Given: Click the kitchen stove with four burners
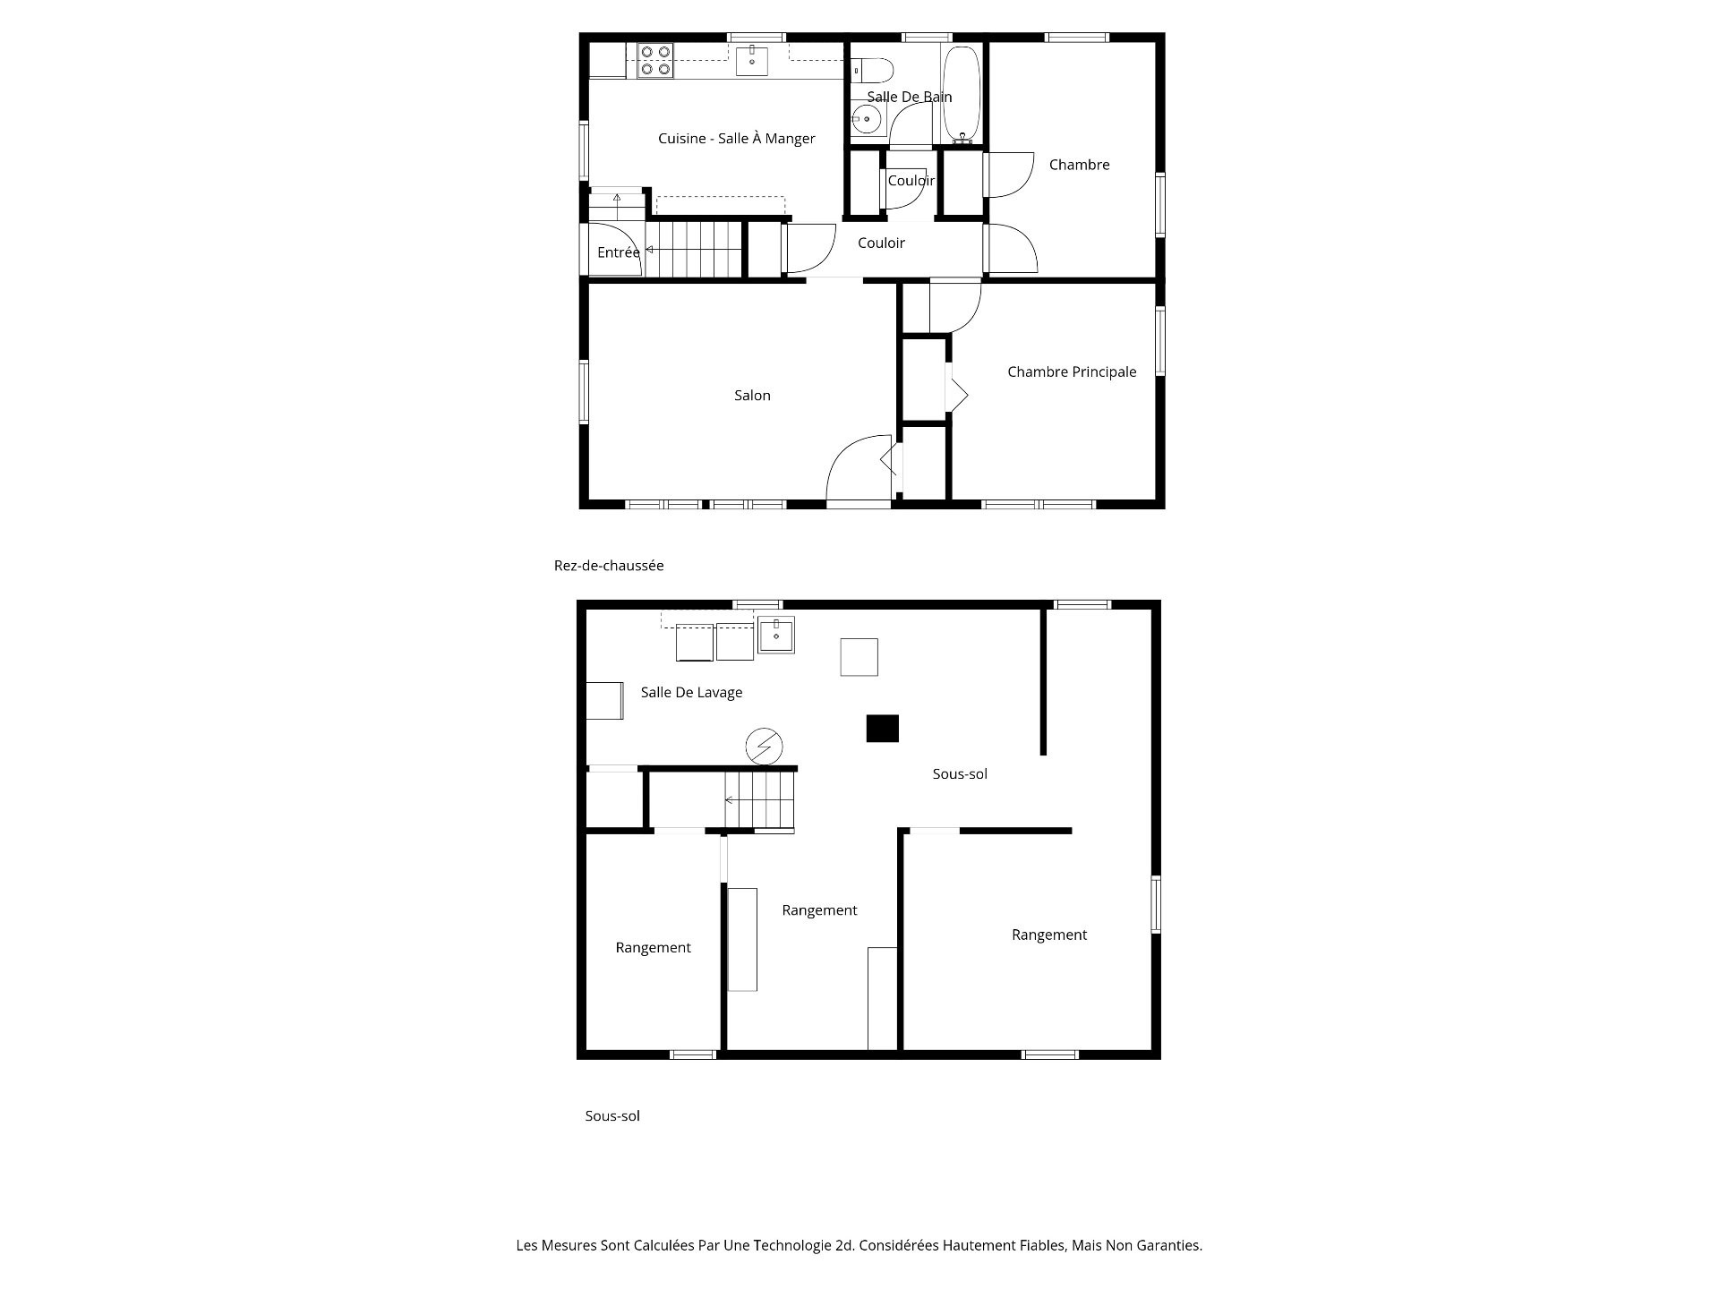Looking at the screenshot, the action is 654,60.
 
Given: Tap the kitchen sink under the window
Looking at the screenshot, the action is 752,61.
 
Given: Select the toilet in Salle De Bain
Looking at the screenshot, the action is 872,70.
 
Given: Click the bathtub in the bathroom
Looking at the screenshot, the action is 962,94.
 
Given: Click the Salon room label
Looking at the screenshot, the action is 752,395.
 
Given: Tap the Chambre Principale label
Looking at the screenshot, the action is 1072,371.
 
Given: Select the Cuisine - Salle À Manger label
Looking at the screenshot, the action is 737,138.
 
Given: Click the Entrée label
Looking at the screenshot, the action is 619,252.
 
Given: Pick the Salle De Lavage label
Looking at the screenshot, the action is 691,692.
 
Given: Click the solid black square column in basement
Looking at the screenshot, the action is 882,728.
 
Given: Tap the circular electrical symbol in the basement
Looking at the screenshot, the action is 764,746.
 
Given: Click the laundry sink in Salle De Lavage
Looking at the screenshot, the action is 775,636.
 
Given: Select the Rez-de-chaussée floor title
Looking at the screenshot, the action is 609,566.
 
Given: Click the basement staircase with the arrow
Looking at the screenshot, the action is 759,800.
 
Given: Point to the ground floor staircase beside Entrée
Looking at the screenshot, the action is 695,249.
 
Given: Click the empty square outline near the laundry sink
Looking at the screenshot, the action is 859,657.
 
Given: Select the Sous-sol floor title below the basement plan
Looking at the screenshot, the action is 612,1116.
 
